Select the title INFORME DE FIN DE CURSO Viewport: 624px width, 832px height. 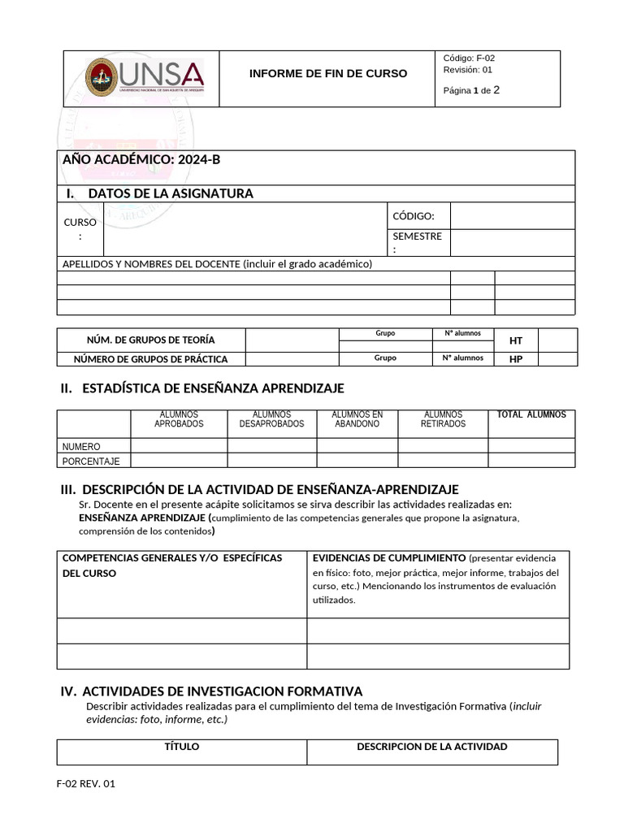327,74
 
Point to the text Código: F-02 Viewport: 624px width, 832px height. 469,58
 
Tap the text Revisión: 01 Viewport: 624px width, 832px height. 468,70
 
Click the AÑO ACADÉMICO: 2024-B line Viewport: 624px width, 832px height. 141,159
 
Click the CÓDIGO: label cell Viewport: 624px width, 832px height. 414,215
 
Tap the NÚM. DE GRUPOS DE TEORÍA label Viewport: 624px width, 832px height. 151,340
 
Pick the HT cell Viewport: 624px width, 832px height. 516,340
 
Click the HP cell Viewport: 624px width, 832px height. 516,359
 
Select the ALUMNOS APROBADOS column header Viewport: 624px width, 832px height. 179,419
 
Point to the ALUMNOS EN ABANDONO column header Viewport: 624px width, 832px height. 357,419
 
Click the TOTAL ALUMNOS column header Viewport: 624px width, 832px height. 531,415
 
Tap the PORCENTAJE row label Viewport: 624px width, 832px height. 91,461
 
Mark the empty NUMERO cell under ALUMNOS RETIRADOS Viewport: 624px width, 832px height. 443,446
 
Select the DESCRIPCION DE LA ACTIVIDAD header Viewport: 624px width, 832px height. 432,747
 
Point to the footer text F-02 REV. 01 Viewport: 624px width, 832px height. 86,784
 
